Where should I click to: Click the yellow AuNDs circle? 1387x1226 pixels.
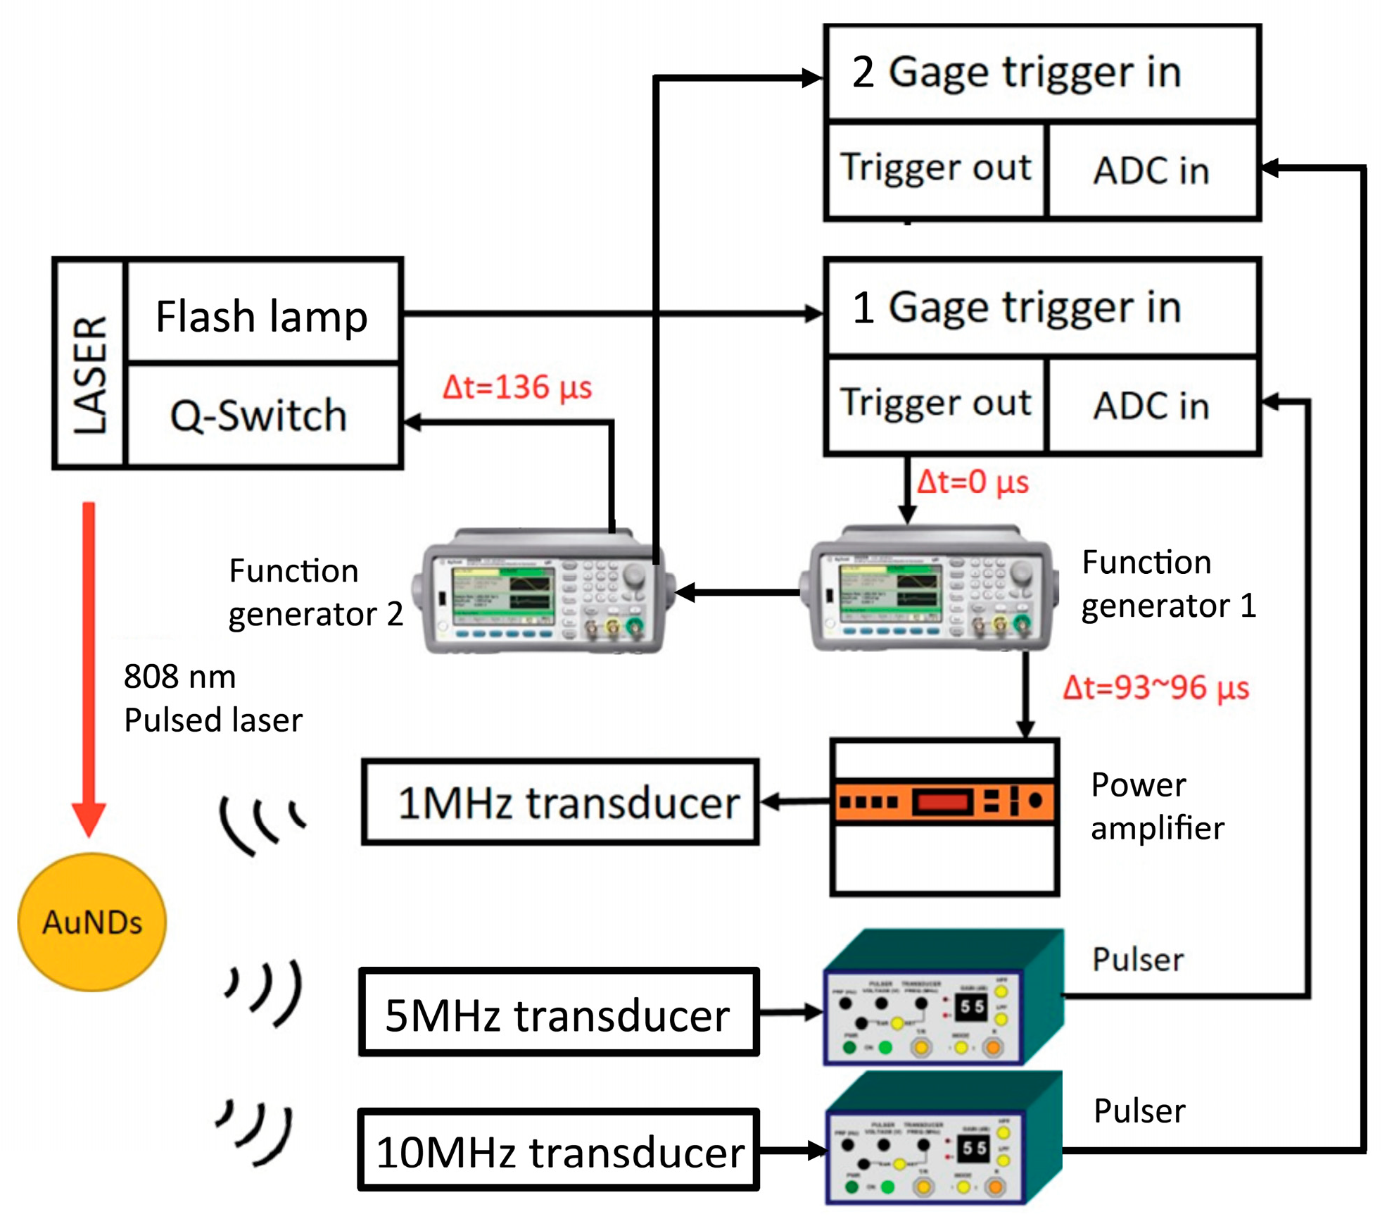coord(92,922)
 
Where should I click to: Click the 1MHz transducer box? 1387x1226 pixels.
coord(560,802)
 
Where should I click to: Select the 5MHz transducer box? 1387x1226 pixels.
coord(559,1013)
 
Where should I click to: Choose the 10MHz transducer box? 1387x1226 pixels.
coord(559,1151)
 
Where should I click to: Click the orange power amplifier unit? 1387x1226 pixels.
coord(944,801)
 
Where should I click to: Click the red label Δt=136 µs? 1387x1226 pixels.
coord(517,387)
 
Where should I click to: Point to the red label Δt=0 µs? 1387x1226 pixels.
coord(973,482)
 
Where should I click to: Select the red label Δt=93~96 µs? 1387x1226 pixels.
coord(1155,688)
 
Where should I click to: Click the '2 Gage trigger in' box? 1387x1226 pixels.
coord(1041,73)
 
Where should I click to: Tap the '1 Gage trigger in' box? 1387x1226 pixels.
coord(1041,308)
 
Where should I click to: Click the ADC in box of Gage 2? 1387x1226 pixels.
coord(1152,171)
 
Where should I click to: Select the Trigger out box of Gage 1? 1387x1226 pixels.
coord(936,404)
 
